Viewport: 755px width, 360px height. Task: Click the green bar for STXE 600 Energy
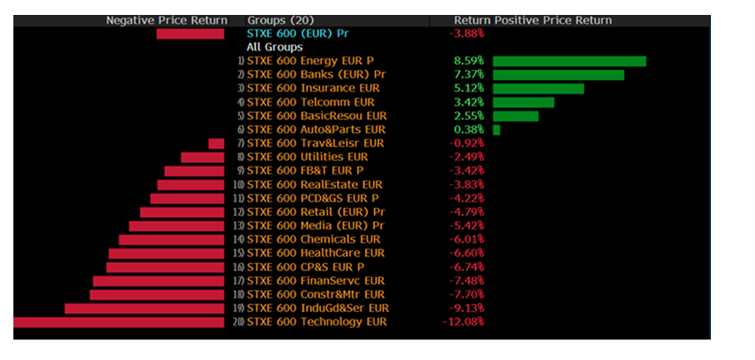[569, 61]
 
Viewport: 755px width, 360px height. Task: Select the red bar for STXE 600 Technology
[119, 321]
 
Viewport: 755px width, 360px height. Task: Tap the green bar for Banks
[558, 75]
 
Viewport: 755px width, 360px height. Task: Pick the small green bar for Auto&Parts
[496, 130]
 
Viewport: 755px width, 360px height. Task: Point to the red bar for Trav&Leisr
[216, 143]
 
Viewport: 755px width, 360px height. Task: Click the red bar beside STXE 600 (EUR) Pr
[190, 34]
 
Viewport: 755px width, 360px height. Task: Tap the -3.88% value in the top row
[466, 34]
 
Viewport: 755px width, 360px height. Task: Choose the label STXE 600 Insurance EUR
[313, 89]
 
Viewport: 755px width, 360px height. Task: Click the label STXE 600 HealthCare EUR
[315, 253]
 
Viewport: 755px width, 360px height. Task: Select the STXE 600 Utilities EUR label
[308, 157]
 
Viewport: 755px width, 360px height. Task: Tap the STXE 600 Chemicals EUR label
[313, 239]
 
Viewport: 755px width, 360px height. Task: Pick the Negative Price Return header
[167, 20]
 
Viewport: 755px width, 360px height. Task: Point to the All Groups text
[274, 47]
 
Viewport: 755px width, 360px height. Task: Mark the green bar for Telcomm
[523, 102]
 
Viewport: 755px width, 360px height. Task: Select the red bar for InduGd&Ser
[144, 308]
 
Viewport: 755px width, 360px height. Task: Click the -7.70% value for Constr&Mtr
[466, 294]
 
